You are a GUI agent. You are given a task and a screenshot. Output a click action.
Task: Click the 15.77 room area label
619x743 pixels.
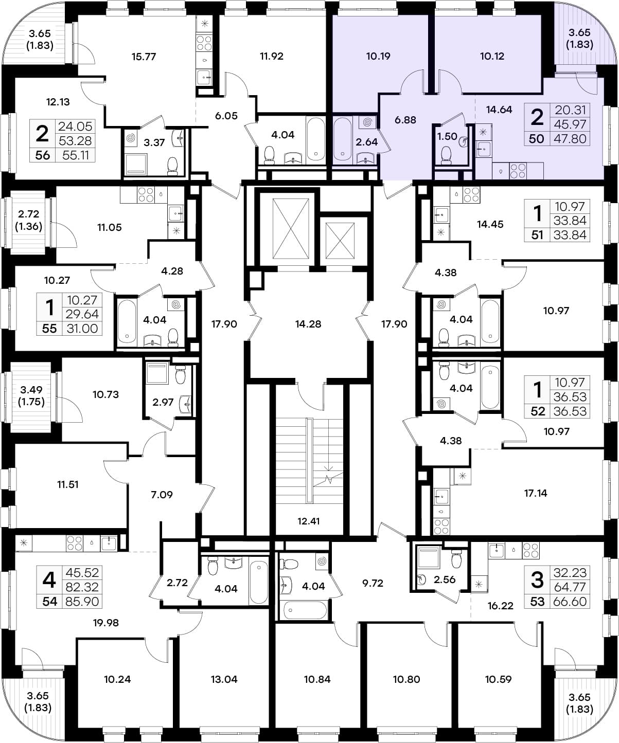coord(144,57)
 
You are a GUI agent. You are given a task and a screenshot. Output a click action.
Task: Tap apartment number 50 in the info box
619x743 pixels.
coord(536,139)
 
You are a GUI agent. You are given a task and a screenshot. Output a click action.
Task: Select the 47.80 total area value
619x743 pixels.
coord(570,139)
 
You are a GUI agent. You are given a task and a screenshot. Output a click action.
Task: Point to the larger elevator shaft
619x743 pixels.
coord(291,228)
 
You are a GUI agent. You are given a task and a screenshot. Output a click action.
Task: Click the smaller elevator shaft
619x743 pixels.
coord(340,241)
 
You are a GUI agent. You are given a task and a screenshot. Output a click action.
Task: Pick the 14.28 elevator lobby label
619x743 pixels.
coord(308,324)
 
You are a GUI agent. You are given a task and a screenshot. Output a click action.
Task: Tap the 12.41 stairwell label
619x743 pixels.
coord(308,521)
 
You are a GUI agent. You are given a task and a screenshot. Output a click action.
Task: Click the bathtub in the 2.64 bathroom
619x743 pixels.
coord(343,139)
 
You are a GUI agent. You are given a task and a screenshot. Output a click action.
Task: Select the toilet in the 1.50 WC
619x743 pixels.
coord(446,156)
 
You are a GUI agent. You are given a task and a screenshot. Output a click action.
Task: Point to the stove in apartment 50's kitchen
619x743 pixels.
coord(518,170)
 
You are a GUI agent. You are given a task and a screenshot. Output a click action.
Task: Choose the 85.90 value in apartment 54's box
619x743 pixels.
coord(82,602)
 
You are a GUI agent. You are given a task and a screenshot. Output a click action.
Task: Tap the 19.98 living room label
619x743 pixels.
coord(106,623)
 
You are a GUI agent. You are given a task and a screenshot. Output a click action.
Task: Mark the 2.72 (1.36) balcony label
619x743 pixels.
coord(28,220)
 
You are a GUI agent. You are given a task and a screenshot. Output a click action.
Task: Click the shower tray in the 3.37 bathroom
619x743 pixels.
coord(136,164)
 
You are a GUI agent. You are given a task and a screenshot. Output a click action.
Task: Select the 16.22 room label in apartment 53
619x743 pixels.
coord(501,606)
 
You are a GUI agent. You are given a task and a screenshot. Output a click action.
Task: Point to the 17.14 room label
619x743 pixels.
coord(536,493)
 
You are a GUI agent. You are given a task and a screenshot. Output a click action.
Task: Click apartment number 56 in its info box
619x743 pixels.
coord(42,155)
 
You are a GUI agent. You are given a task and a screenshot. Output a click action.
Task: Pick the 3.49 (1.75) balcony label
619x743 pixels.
coord(31,396)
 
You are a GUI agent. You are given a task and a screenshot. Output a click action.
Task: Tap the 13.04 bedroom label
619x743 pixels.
coord(224,679)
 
